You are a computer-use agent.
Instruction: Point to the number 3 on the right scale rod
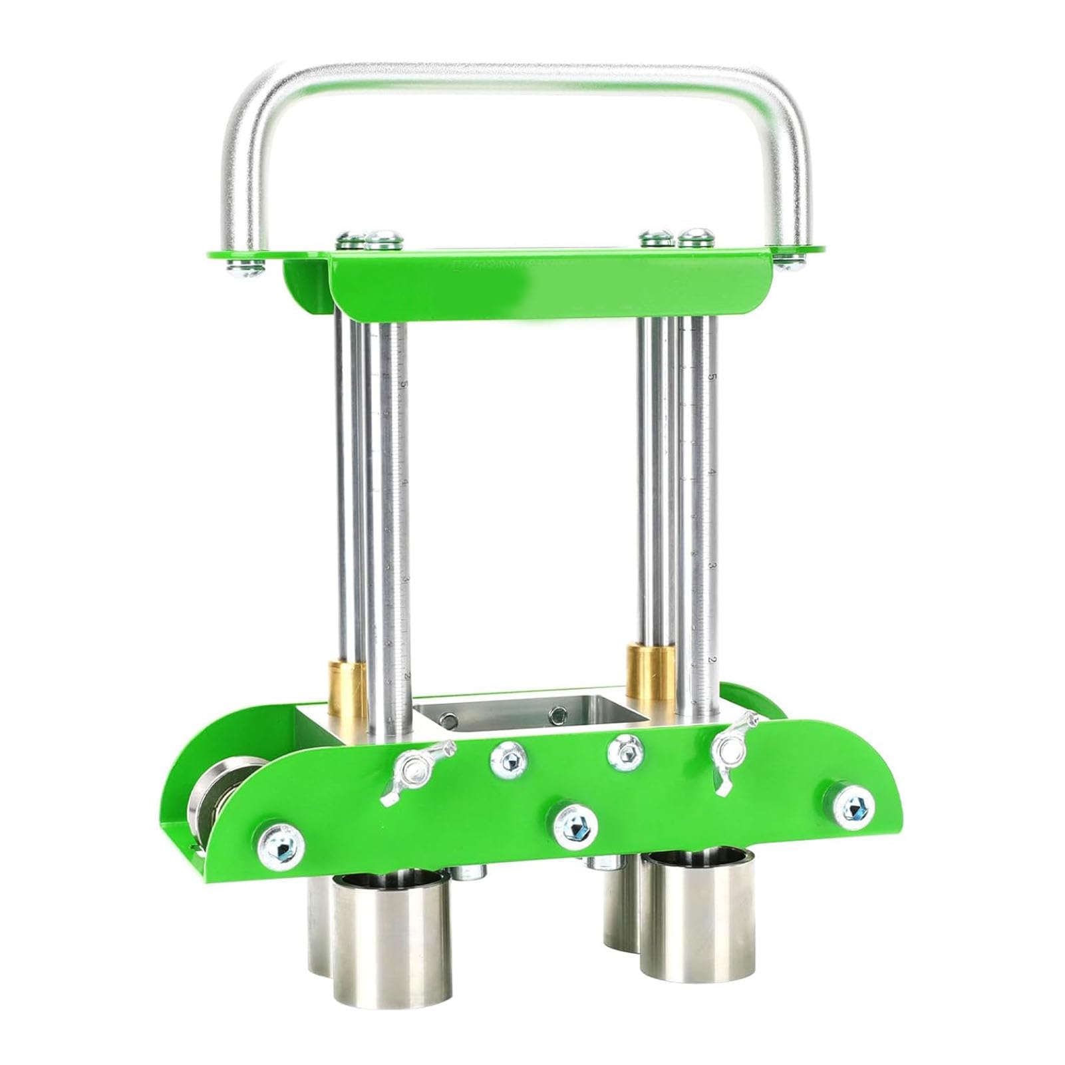click(x=712, y=566)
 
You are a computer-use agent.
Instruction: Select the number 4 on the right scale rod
click(x=712, y=472)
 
